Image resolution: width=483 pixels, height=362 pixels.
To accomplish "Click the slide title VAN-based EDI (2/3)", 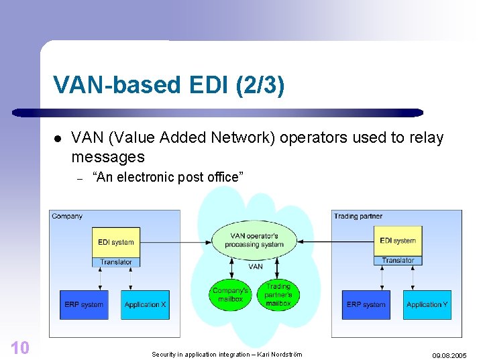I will click(169, 85).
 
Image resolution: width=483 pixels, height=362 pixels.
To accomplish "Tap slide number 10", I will click(20, 347).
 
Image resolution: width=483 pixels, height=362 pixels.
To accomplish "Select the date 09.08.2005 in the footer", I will click(449, 356).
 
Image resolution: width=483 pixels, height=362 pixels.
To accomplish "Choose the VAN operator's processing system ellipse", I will click(254, 240).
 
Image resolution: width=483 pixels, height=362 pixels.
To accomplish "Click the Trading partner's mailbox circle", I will click(278, 294).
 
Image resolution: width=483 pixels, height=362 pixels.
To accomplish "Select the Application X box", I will click(145, 304).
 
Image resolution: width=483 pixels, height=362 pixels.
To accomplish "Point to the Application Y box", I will click(427, 304).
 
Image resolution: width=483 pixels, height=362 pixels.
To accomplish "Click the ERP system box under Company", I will click(84, 304).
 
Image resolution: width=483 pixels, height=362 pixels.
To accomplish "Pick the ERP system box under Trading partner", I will click(366, 304).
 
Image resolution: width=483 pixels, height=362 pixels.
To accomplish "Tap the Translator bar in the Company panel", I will click(116, 262).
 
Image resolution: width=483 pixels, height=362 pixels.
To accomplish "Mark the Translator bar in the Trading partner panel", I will click(398, 261).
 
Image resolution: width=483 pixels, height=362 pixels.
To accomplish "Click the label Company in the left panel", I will click(67, 217).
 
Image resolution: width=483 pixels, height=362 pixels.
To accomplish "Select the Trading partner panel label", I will click(356, 217).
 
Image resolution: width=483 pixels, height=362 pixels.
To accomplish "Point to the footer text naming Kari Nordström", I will click(227, 354).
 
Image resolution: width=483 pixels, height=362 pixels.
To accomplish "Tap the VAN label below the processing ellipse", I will click(256, 266).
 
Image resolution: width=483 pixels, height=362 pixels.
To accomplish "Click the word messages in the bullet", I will click(108, 157).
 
